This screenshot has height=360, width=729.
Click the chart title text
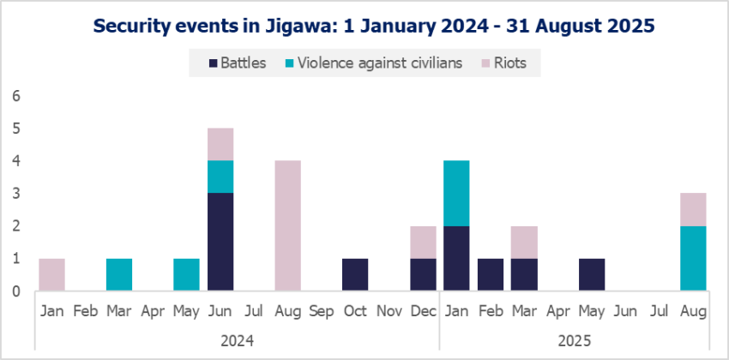[x=364, y=26]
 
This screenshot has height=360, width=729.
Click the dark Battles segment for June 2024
[x=220, y=242]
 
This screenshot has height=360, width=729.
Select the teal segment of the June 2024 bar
[x=220, y=177]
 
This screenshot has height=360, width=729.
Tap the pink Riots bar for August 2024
[x=287, y=225]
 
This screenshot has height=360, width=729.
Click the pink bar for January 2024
[x=52, y=274]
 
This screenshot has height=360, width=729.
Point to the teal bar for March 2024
[x=119, y=274]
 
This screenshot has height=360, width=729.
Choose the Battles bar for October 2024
[x=354, y=274]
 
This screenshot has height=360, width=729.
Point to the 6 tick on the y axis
[x=15, y=96]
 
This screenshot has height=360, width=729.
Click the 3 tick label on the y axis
[x=15, y=194]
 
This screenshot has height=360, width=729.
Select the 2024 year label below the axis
[x=237, y=340]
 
